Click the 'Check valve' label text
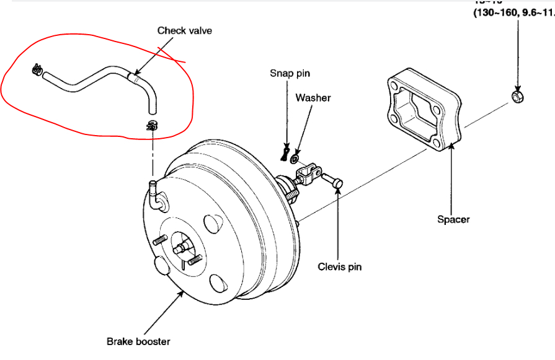point(184,30)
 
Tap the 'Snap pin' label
point(290,73)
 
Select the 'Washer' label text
point(313,98)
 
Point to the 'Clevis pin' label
point(339,267)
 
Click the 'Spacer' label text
point(453,219)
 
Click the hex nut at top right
point(518,97)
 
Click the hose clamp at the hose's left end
point(37,71)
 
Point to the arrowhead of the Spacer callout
point(450,143)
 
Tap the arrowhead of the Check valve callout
point(131,76)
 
